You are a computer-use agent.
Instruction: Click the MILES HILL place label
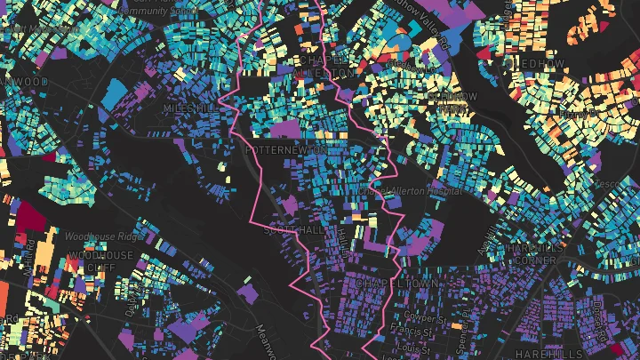coord(189,108)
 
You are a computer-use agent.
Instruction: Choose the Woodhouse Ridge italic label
coord(101,236)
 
